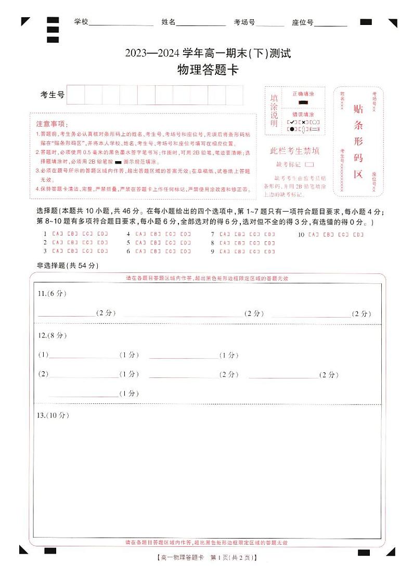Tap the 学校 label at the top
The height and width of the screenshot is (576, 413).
click(82, 22)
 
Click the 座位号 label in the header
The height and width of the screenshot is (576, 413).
click(302, 22)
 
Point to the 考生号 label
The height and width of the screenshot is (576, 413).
click(53, 95)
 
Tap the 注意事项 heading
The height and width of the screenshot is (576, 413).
click(51, 124)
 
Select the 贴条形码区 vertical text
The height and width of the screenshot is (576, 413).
click(358, 141)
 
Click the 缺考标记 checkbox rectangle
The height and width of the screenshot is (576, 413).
click(309, 164)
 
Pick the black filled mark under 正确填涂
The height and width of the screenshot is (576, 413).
click(303, 102)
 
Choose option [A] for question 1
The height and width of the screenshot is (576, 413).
click(58, 234)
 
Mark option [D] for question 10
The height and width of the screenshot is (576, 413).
click(358, 234)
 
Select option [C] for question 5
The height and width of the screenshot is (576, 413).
click(171, 243)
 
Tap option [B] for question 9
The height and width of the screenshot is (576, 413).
click(239, 252)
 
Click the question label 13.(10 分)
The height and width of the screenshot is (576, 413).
click(54, 415)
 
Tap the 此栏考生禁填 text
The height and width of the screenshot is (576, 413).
click(294, 151)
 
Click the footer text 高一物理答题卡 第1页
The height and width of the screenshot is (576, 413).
click(206, 558)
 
